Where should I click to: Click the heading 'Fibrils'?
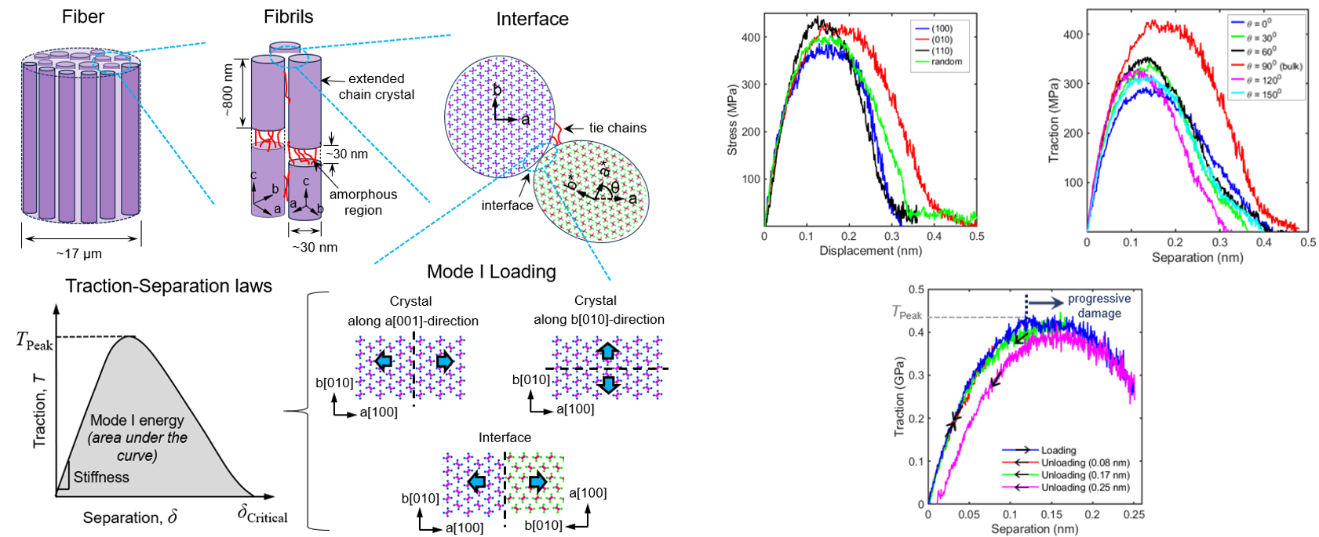point(288,17)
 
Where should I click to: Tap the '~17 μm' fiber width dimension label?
point(78,253)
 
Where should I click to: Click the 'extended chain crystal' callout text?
point(376,86)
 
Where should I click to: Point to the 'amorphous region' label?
point(363,202)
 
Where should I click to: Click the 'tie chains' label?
point(618,128)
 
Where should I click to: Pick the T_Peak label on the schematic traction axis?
point(35,340)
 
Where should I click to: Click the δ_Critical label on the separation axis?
point(262,514)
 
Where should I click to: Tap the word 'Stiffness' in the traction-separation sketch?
point(101,477)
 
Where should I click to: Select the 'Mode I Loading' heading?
point(491,272)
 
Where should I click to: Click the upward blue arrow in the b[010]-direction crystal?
point(607,352)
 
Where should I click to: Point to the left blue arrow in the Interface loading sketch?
point(475,481)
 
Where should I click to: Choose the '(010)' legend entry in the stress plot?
point(942,39)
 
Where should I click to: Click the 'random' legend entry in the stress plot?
point(946,61)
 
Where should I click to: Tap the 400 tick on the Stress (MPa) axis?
point(750,38)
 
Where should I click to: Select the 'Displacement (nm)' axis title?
point(870,251)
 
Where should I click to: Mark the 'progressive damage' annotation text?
point(1099,306)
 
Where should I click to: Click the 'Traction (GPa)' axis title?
point(899,397)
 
